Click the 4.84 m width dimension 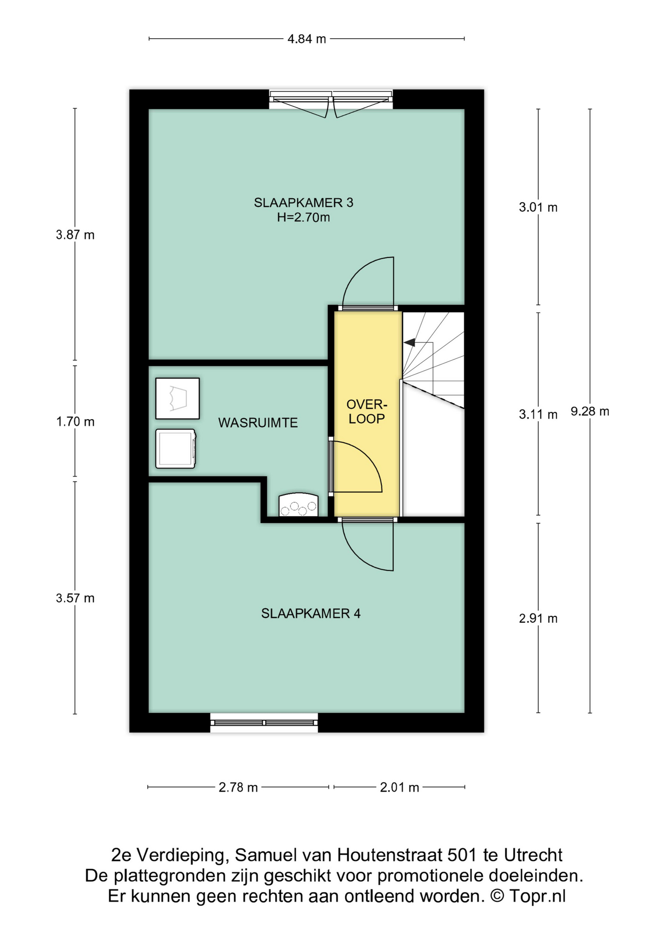coord(307,39)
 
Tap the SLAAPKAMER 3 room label coord(304,203)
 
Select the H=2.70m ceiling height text coord(304,217)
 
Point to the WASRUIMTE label coord(258,423)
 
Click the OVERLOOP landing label coord(367,411)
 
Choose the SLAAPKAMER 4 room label coord(311,613)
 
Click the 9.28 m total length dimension coord(590,411)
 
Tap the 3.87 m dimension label coord(75,235)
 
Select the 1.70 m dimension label coord(75,422)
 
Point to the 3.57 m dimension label coord(75,598)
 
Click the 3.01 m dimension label coord(538,208)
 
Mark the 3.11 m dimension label coord(538,415)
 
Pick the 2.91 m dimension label coord(538,618)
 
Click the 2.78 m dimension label coord(238,787)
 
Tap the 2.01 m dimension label coord(400,787)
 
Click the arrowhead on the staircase coord(409,342)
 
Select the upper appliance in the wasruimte coord(177,399)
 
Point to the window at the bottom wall coord(264,723)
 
